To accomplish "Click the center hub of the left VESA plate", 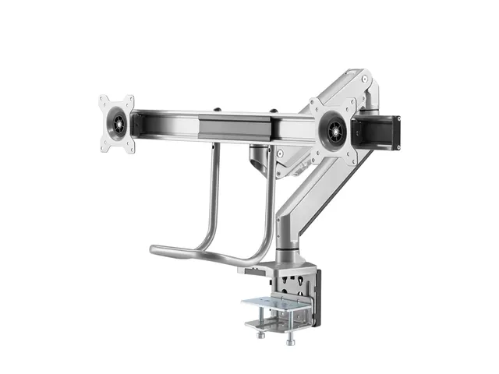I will [x=117, y=124].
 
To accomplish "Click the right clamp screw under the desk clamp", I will [x=291, y=339].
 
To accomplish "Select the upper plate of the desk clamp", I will [x=277, y=303].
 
